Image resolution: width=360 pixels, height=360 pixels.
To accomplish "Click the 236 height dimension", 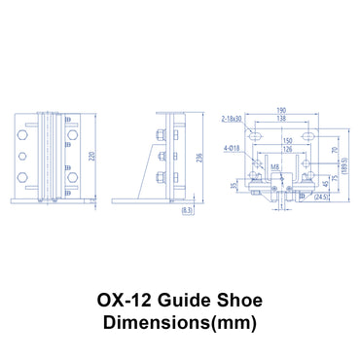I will point(200,160).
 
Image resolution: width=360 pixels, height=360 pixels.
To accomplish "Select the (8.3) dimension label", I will point(186,209).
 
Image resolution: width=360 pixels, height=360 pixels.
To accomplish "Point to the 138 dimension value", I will point(281,119).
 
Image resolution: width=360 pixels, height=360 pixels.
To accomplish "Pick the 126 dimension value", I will point(286,150).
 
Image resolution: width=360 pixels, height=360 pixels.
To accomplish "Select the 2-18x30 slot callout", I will point(233,119).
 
